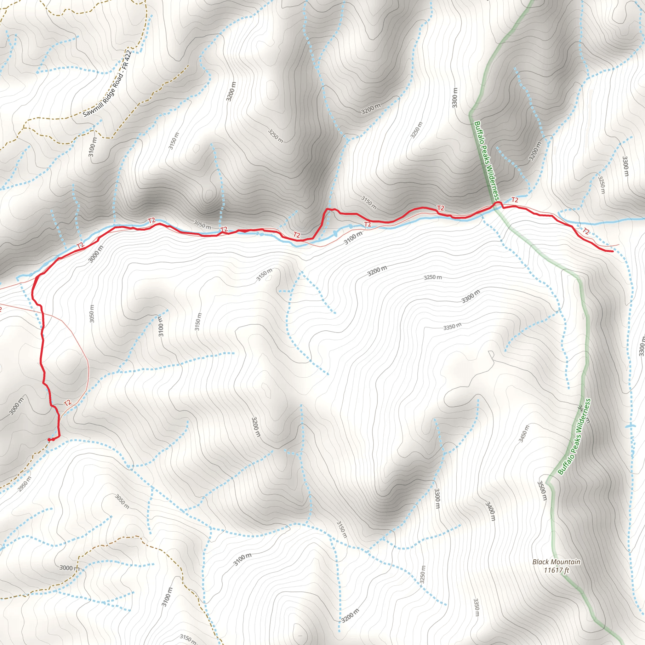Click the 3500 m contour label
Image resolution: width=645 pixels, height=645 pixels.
[x=542, y=490]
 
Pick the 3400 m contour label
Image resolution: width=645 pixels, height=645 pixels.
[x=490, y=511]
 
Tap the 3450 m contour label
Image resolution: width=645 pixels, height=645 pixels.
[x=524, y=434]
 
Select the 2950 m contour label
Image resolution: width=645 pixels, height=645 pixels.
[x=25, y=484]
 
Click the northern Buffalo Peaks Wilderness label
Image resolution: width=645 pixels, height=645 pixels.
[x=486, y=161]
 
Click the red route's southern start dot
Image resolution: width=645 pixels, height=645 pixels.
[x=50, y=440]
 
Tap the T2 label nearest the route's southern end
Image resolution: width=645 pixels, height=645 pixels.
[x=68, y=403]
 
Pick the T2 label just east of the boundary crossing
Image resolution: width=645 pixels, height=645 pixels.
[x=515, y=200]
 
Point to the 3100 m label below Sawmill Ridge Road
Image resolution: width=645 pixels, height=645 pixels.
[x=93, y=147]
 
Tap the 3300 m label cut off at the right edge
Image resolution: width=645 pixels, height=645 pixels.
[x=641, y=346]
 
